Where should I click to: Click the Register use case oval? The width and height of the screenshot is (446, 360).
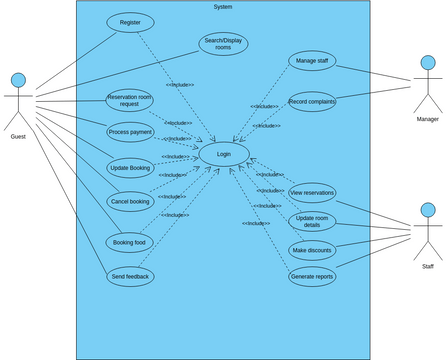[x=130, y=22]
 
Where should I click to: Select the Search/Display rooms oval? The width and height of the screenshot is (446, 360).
[x=223, y=44]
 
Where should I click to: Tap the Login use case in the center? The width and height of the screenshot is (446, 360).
[x=223, y=155]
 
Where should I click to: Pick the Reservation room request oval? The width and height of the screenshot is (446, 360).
[x=130, y=101]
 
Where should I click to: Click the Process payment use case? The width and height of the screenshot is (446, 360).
[x=130, y=132]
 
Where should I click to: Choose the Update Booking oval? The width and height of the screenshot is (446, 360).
[x=130, y=167]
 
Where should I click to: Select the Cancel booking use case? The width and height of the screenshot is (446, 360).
[x=130, y=201]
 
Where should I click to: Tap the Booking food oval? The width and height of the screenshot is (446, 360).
[x=130, y=242]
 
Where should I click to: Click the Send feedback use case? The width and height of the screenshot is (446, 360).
[x=130, y=275]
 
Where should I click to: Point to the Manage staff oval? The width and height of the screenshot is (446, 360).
[x=313, y=61]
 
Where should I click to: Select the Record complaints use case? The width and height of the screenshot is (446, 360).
[x=312, y=101]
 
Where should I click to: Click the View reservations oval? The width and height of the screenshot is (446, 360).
[x=312, y=191]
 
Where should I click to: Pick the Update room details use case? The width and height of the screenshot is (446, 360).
[x=312, y=222]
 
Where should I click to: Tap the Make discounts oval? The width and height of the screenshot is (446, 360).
[x=312, y=250]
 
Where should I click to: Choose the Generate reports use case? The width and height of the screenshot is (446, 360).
[x=312, y=276]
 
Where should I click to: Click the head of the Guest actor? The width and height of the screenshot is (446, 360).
[x=18, y=79]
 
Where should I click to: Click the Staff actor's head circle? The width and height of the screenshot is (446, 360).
[x=428, y=210]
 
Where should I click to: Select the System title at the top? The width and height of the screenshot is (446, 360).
[x=223, y=7]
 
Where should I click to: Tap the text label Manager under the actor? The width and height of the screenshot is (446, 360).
[x=428, y=119]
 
